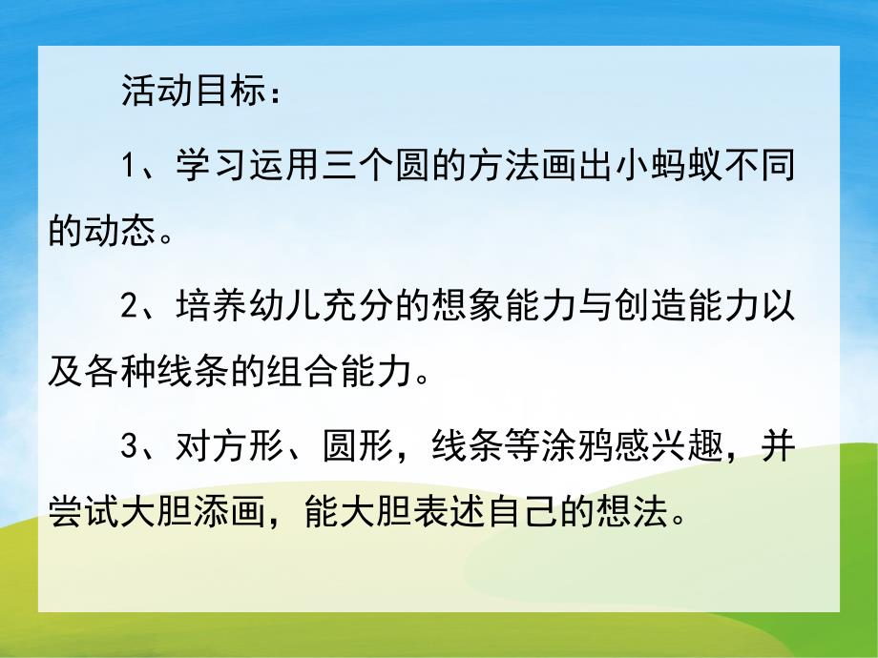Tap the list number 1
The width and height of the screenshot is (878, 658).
131,168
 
